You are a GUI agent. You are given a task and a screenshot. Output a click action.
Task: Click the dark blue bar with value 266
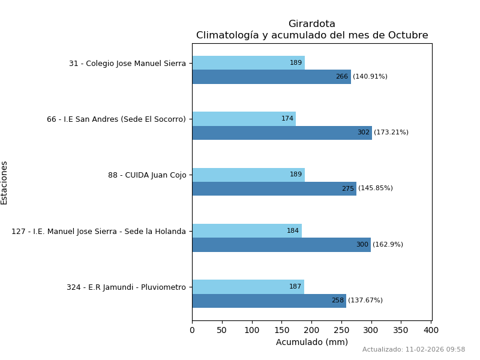pyautogui.click(x=271, y=77)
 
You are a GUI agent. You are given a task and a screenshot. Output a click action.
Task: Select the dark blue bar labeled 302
pyautogui.click(x=282, y=133)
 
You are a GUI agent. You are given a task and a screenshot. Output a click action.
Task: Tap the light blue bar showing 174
pyautogui.click(x=244, y=119)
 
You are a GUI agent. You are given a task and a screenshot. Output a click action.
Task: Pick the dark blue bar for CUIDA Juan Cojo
pyautogui.click(x=274, y=188)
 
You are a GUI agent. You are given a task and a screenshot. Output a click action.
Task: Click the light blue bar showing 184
pyautogui.click(x=247, y=231)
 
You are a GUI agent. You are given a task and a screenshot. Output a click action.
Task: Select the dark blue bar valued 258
pyautogui.click(x=269, y=301)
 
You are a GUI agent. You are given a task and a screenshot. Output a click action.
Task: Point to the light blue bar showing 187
pyautogui.click(x=248, y=287)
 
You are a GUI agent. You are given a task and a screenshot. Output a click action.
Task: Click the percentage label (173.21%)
pyautogui.click(x=391, y=133)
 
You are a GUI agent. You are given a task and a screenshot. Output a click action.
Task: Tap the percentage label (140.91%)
pyautogui.click(x=370, y=77)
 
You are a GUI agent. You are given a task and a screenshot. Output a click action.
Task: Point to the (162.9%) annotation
pyautogui.click(x=388, y=245)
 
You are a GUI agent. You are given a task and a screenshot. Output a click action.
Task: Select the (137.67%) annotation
pyautogui.click(x=365, y=301)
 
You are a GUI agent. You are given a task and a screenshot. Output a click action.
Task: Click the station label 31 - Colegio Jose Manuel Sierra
pyautogui.click(x=127, y=63)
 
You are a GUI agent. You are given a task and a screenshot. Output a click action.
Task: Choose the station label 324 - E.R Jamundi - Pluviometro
pyautogui.click(x=126, y=287)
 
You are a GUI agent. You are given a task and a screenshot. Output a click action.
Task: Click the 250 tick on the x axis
pyautogui.click(x=341, y=330)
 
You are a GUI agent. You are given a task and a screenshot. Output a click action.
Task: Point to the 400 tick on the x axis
pyautogui.click(x=431, y=330)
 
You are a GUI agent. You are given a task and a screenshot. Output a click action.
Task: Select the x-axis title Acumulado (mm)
pyautogui.click(x=311, y=343)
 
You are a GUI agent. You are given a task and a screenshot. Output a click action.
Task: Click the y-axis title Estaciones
pyautogui.click(x=5, y=182)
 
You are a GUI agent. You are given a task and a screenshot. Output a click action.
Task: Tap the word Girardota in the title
pyautogui.click(x=311, y=24)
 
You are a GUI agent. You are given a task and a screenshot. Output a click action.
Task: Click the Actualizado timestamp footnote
pyautogui.click(x=413, y=350)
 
